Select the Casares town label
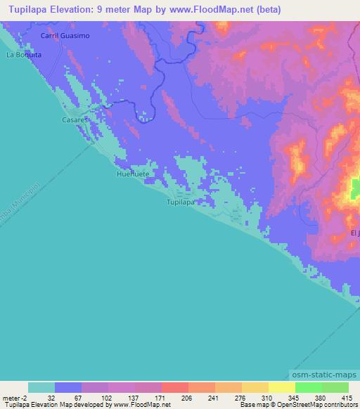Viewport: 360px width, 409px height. [73, 120]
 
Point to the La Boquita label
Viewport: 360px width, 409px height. [24, 53]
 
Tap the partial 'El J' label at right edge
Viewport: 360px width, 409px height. [354, 233]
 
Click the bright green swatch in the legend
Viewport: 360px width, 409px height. [308, 387]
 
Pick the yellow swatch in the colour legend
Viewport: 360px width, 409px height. [281, 387]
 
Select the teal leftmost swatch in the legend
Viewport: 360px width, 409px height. [41, 387]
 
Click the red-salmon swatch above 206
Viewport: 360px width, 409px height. [174, 387]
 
